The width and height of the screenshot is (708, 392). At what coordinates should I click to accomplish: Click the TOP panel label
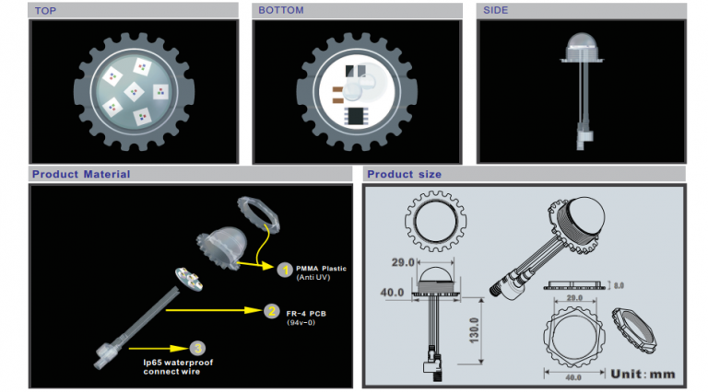pyautogui.click(x=46, y=10)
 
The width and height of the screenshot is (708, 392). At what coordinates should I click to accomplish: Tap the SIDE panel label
pyautogui.click(x=497, y=10)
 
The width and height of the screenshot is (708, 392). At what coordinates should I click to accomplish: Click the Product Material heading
pyautogui.click(x=81, y=174)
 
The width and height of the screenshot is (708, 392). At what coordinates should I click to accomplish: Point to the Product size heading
pyautogui.click(x=404, y=174)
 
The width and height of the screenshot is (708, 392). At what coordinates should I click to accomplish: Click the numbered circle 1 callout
pyautogui.click(x=285, y=270)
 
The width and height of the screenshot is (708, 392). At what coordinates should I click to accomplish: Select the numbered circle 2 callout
pyautogui.click(x=271, y=311)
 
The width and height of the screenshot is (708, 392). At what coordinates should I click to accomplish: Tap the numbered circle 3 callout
pyautogui.click(x=196, y=347)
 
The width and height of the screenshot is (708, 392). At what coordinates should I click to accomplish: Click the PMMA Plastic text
pyautogui.click(x=321, y=268)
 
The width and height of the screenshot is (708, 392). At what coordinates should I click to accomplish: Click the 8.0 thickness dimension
pyautogui.click(x=619, y=286)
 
